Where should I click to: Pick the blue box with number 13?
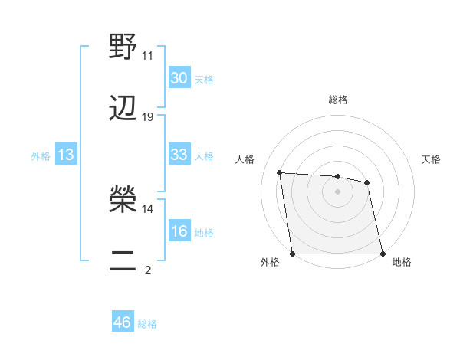(66, 155)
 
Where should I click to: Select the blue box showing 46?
(123, 322)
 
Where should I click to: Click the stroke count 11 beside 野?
(147, 56)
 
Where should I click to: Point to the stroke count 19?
(148, 117)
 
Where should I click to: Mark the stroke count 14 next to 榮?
(147, 208)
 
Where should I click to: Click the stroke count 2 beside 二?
(147, 270)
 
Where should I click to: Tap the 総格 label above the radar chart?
(337, 100)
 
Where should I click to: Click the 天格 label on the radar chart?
(431, 159)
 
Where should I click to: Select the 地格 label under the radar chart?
(402, 263)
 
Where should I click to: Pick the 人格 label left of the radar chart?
(245, 159)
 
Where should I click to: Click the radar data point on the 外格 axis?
(292, 254)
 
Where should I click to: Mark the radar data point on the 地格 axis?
(383, 254)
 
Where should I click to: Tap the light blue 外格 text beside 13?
(41, 155)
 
